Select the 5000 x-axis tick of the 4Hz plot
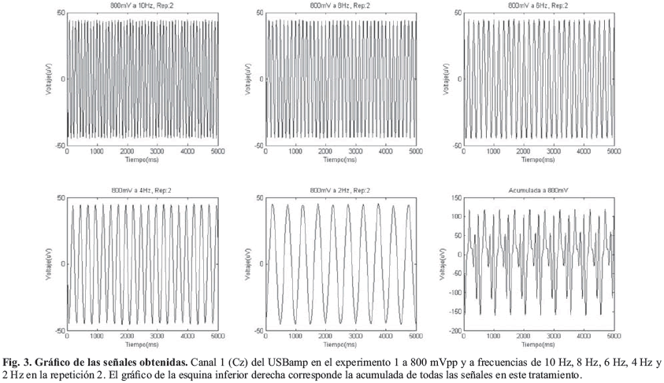pos(214,337)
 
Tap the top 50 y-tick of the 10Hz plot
pos(61,14)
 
